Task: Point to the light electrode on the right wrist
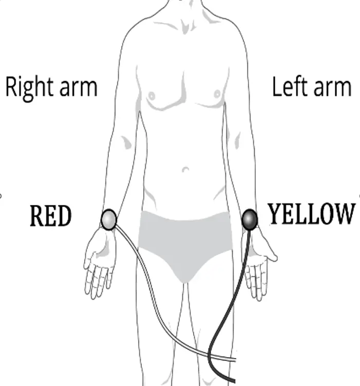(109, 219)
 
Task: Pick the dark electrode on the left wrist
(250, 219)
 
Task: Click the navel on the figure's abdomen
(186, 169)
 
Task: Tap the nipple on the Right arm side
(152, 96)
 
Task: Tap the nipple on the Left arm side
(217, 95)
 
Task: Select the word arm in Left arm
(332, 87)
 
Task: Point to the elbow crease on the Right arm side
(125, 141)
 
